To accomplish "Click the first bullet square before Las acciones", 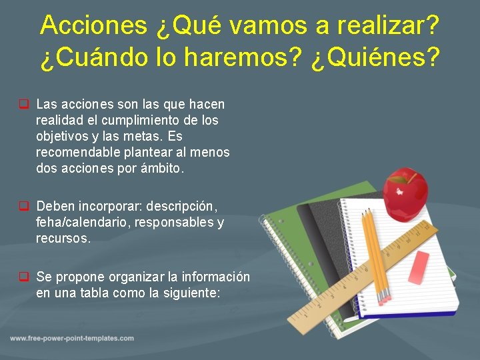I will (x=23, y=105).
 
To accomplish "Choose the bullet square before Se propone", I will (x=23, y=277).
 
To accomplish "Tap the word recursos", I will (x=63, y=238).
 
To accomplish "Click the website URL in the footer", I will (x=71, y=338).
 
